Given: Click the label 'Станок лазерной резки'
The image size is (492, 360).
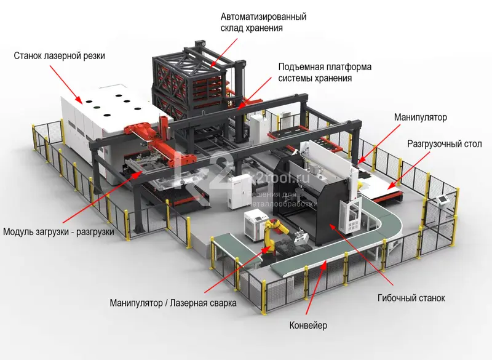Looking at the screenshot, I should pos(60,57).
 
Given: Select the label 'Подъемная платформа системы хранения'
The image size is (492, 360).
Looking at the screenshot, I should pos(325,72).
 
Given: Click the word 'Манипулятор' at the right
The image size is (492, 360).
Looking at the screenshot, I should pos(421,117).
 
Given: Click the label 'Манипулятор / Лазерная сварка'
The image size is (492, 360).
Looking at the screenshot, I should pos(173,303).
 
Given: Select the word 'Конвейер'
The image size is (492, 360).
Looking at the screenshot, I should pos(308,324).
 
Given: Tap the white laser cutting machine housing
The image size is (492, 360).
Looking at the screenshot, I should pos(105,114).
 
